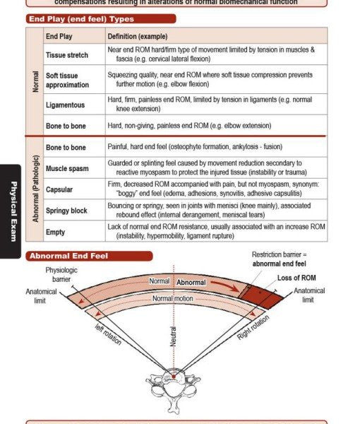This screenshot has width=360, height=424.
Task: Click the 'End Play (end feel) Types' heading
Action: tap(80, 19)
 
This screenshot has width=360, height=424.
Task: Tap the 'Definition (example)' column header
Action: tap(138, 35)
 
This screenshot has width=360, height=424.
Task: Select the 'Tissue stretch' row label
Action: tap(67, 54)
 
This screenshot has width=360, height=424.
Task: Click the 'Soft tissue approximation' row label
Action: tap(67, 80)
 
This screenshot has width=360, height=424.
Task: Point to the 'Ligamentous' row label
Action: tap(65, 105)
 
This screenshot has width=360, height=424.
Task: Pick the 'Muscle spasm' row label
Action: tap(67, 169)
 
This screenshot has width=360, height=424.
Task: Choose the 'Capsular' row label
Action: tap(59, 189)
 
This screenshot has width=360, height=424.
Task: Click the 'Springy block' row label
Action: tap(67, 211)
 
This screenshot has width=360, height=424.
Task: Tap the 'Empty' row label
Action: tap(55, 232)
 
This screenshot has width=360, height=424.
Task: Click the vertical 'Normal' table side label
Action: tap(35, 82)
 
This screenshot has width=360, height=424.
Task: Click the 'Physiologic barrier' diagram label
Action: tap(62, 274)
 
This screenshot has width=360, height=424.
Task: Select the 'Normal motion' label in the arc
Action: tap(174, 298)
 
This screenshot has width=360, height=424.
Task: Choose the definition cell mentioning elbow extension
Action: tap(189, 125)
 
